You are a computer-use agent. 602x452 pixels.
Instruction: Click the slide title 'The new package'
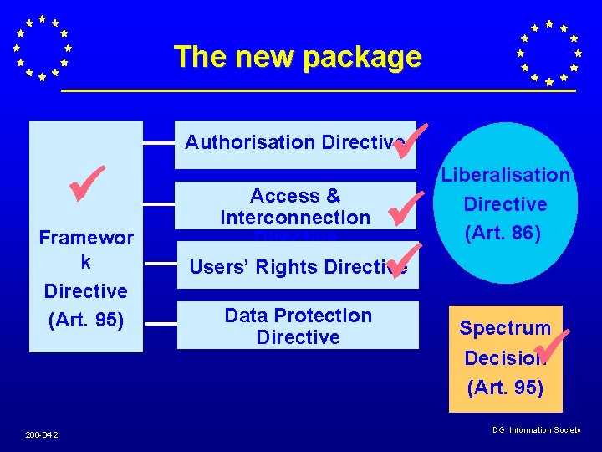(298, 57)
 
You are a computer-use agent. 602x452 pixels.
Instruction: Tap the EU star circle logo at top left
(42, 49)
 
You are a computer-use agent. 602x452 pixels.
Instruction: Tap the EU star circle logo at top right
(548, 53)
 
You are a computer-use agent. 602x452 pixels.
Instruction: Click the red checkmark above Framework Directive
(86, 183)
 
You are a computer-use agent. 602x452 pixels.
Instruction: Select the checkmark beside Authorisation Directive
(410, 139)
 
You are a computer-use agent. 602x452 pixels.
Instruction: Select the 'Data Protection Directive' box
(298, 326)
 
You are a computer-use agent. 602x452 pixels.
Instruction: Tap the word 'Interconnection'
(294, 218)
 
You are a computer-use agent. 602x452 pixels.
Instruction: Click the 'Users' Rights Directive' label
(298, 267)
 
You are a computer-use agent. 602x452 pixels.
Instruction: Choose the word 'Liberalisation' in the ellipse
(505, 175)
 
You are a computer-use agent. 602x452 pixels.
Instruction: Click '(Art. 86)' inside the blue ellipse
(505, 233)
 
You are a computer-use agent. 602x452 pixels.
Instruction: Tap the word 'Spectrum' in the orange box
(504, 328)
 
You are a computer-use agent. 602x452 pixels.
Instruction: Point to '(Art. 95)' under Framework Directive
(85, 320)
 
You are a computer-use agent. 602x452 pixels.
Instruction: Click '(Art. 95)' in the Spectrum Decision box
(505, 388)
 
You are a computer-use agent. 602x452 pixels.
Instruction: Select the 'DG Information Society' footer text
(536, 430)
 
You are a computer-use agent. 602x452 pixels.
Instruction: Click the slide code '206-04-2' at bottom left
(42, 434)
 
